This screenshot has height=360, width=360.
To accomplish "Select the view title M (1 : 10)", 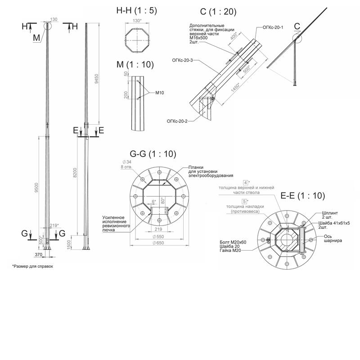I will pyautogui.click(x=135, y=64).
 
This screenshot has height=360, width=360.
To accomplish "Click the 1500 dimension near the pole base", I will pyautogui.click(x=68, y=244).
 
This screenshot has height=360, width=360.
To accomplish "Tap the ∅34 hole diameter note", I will pyautogui.click(x=126, y=162).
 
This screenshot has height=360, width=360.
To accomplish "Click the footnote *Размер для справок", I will pyautogui.click(x=32, y=266).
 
